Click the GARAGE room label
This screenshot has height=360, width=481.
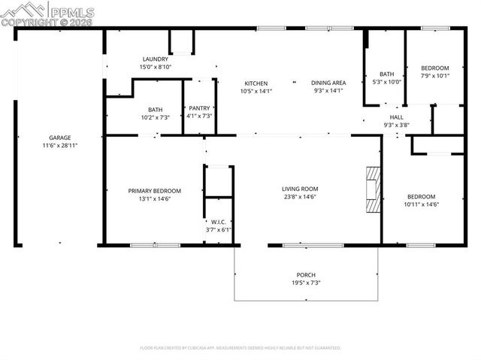(60, 138)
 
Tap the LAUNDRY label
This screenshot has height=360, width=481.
(156, 59)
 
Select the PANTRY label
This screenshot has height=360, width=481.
(199, 108)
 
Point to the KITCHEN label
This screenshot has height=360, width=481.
(256, 83)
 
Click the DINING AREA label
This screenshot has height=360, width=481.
(328, 83)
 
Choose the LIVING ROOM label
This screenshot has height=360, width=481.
(300, 189)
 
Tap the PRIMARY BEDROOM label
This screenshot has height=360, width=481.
(154, 191)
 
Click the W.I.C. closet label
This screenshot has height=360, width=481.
(219, 222)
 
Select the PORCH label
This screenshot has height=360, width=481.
(306, 274)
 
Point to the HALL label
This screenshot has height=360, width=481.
(396, 117)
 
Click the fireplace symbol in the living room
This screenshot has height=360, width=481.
(373, 191)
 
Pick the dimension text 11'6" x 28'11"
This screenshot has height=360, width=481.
(60, 145)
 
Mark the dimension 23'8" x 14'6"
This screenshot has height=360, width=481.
(300, 196)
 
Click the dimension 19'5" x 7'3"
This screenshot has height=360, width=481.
(306, 283)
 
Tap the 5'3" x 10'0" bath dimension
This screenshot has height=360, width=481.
(387, 81)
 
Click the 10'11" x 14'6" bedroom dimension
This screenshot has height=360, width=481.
(421, 204)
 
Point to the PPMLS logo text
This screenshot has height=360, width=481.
(71, 11)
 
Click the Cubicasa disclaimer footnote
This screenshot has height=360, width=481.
(240, 348)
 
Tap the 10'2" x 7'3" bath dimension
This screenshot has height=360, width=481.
(156, 117)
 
